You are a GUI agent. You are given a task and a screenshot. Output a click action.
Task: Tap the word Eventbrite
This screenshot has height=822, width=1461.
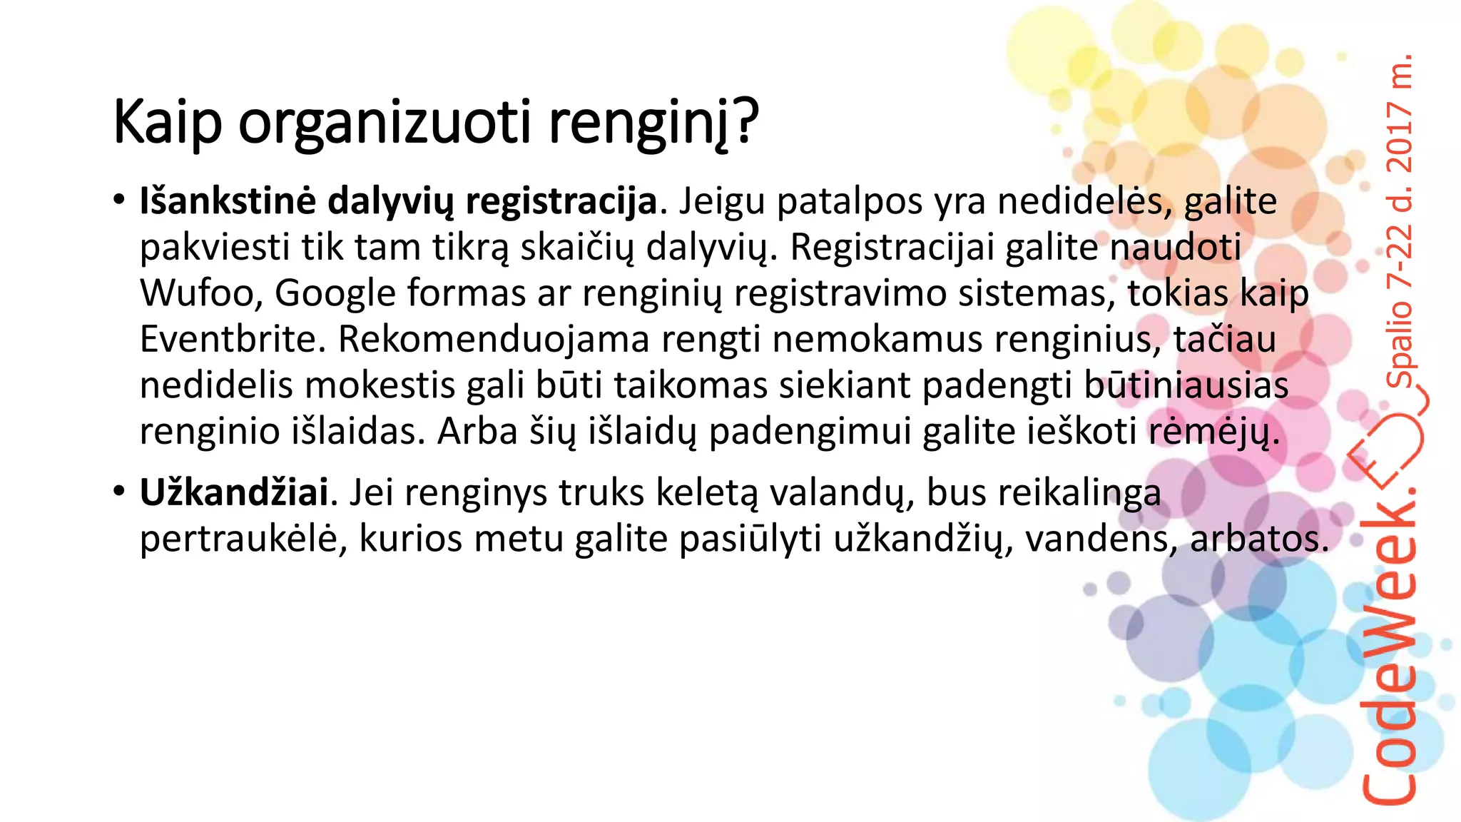point(232,339)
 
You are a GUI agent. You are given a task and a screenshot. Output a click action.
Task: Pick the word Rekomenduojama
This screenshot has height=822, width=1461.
point(493,339)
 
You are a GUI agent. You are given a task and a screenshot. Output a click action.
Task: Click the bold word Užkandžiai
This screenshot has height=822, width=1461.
point(234,492)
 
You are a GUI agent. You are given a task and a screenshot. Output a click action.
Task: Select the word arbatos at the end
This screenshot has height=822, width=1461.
point(1258,539)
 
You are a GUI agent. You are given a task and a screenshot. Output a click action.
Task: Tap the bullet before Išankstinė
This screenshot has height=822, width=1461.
point(119,200)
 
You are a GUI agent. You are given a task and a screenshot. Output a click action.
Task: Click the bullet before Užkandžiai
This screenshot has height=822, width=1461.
point(119,491)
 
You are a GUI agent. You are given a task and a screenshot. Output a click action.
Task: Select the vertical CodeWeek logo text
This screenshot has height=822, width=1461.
point(1388,642)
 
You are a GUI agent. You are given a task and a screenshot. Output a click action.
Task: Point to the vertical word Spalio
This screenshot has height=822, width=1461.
point(1400,342)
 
